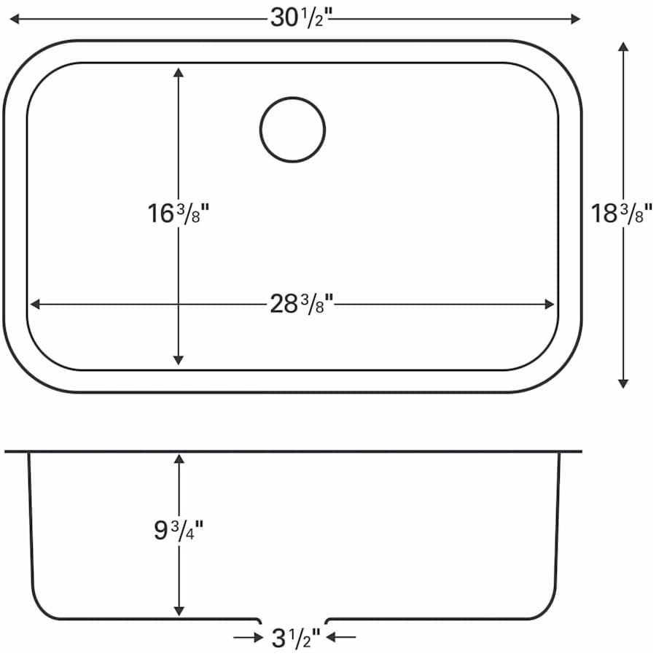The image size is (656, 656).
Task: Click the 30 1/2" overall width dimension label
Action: point(301,18)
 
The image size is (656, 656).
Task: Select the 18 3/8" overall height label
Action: point(621,214)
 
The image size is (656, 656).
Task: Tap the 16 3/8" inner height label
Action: point(178,214)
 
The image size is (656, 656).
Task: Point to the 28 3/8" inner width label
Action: point(301,304)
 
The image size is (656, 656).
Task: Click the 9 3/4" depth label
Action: point(179,531)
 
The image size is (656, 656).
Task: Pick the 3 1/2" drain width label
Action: point(296,638)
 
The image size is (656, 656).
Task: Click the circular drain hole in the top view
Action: point(292,130)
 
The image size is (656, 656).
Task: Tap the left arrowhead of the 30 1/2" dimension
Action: point(15,19)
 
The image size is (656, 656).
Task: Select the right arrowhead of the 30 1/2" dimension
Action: point(575,19)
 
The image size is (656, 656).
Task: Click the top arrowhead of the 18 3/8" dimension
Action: point(623,47)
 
